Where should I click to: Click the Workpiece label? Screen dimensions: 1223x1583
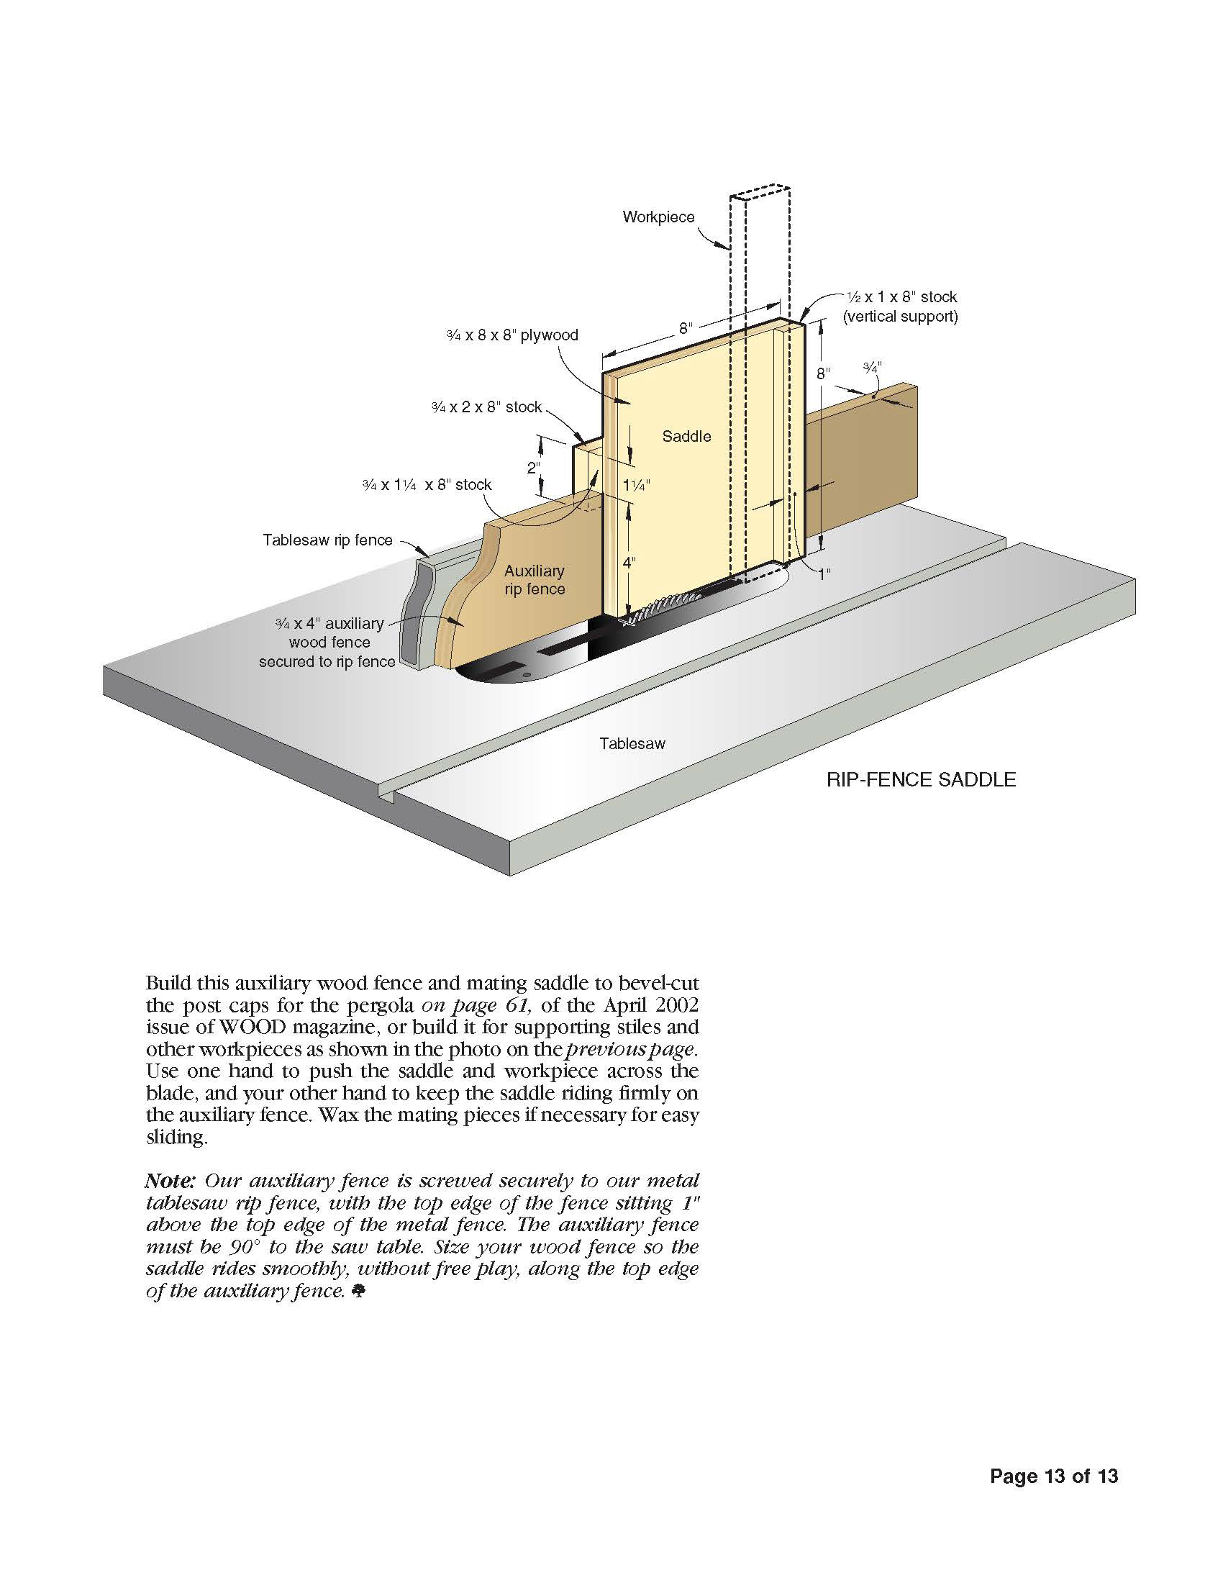tap(658, 217)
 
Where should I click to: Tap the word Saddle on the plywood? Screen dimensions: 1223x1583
tap(686, 436)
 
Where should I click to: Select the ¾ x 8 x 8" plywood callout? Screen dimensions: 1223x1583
tap(512, 335)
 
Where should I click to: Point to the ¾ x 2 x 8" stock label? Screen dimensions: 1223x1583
tap(486, 407)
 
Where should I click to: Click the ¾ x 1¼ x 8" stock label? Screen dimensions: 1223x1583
tap(427, 485)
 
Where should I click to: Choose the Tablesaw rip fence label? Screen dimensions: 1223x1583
tap(327, 540)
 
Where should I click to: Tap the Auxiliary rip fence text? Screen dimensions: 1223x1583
tap(535, 580)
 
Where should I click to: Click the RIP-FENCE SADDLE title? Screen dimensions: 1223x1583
tap(921, 780)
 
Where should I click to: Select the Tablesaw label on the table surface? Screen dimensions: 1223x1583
tap(632, 743)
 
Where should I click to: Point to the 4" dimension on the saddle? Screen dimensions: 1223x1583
tap(629, 562)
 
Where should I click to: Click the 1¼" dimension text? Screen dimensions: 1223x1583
tap(636, 486)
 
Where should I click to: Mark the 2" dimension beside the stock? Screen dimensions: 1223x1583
tap(534, 468)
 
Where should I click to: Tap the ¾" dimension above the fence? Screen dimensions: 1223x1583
tap(873, 368)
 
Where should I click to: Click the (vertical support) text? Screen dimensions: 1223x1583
tap(901, 317)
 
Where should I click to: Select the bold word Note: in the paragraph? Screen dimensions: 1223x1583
tap(171, 1181)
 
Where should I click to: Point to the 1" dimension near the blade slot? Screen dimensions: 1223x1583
tap(824, 574)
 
